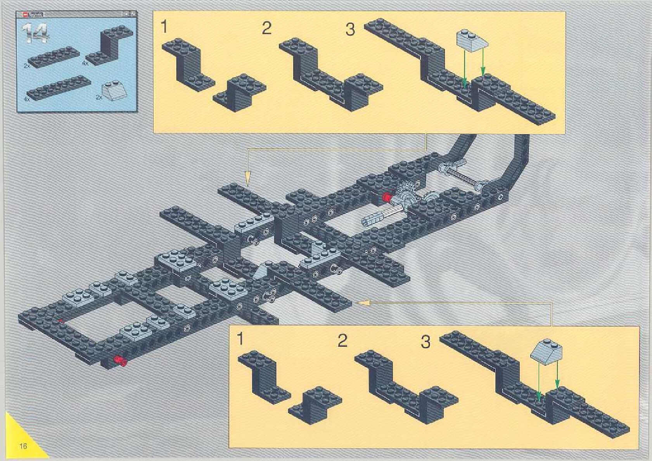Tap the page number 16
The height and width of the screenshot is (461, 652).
point(23,446)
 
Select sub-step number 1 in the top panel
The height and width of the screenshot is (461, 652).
point(164,27)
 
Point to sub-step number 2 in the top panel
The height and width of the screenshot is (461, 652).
point(266,28)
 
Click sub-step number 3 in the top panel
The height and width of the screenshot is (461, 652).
point(350,29)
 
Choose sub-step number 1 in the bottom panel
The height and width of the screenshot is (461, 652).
point(240,339)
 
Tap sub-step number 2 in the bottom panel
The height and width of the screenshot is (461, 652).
point(342,341)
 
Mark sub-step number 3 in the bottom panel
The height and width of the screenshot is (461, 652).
point(425,342)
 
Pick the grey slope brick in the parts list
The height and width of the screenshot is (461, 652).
point(114,89)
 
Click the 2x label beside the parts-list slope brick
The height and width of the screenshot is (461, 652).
point(99,97)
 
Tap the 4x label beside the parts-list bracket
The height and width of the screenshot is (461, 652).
point(85,63)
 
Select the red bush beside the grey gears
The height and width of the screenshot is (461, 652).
point(386,197)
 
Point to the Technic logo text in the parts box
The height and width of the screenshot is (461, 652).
point(35,14)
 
